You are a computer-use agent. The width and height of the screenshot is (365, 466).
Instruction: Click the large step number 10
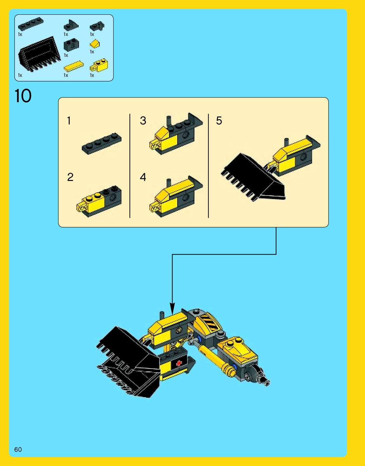coord(23,96)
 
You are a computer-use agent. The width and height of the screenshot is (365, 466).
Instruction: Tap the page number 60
coord(18,449)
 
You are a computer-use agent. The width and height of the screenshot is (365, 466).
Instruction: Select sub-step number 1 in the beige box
coord(69,121)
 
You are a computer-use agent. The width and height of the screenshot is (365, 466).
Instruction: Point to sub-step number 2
coord(70,177)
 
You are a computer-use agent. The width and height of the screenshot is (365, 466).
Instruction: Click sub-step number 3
coord(143,121)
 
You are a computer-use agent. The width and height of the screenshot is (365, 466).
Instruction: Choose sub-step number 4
coord(143,177)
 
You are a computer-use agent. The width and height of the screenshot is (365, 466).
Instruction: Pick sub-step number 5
coord(219,121)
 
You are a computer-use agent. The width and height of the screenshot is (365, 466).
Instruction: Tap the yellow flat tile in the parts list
coord(74,66)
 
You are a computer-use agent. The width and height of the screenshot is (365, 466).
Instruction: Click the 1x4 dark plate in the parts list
coord(31,23)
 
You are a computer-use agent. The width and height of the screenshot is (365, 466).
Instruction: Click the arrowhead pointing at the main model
coord(172,309)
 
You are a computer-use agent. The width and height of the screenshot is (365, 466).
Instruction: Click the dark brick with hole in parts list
coord(71,45)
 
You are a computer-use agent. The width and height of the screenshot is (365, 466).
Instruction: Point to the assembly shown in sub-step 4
coord(176,196)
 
